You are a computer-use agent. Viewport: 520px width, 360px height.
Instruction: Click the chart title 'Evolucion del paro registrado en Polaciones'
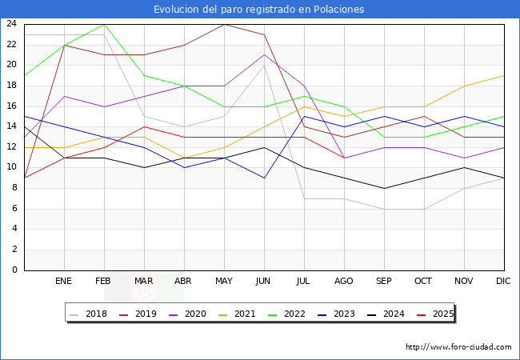[x=260, y=10]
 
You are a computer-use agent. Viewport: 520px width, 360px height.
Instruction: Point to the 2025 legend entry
[x=434, y=314]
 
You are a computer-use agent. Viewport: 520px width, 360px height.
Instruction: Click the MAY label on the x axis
[x=224, y=282]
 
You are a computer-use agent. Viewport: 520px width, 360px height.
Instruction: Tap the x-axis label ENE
[x=64, y=282]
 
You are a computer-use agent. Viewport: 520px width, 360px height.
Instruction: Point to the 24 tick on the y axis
[x=11, y=24]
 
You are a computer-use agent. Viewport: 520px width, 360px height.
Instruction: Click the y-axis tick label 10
[x=11, y=167]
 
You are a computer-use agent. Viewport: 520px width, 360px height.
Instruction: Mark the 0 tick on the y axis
[x=14, y=270]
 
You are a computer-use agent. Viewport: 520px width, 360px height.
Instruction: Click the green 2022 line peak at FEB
[x=104, y=24]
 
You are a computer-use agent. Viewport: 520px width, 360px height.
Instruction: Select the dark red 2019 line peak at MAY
[x=224, y=24]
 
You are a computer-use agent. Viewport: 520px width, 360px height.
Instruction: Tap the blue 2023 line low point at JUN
[x=264, y=178]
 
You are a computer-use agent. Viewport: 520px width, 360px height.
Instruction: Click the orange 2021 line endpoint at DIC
[x=504, y=75]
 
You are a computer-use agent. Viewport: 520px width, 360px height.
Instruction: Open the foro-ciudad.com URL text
[x=458, y=347]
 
